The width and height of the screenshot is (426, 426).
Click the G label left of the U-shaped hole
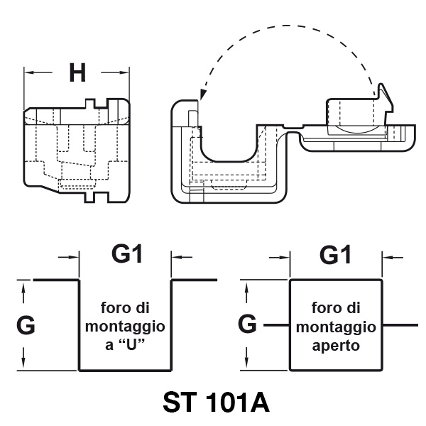tap(26, 326)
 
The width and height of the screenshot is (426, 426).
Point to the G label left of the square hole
tap(248, 324)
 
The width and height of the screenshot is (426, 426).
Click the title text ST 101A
tap(216, 403)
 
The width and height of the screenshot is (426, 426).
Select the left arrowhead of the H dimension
tap(28, 72)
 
